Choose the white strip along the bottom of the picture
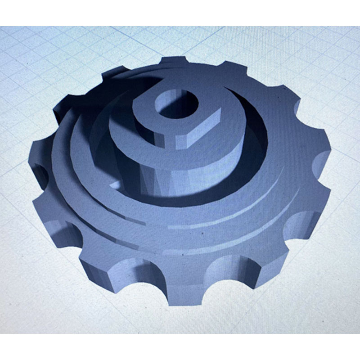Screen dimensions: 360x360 pyautogui.click(x=180, y=346)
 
